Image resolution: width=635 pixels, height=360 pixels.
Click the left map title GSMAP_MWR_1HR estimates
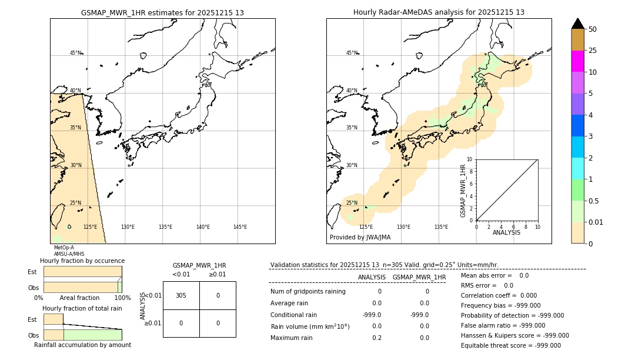(162, 12)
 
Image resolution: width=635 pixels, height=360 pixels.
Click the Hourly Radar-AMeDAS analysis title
(439, 12)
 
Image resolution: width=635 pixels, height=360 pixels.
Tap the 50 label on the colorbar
(593, 29)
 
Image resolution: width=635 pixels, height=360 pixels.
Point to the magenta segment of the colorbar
(577, 61)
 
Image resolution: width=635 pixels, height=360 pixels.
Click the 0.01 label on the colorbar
(596, 222)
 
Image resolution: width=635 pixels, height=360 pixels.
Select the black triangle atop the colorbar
(578, 24)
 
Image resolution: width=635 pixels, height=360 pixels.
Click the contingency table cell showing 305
(181, 295)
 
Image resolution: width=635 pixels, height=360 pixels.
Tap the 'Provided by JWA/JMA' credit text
(360, 237)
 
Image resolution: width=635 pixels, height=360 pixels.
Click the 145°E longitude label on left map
(240, 227)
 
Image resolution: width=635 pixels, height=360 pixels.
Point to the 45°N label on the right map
(352, 53)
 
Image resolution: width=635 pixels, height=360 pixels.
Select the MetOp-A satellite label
(64, 248)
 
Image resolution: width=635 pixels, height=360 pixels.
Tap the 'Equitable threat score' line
(510, 345)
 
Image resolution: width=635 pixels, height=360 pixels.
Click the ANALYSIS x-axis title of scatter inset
(506, 232)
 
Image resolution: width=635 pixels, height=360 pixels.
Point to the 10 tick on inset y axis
(469, 159)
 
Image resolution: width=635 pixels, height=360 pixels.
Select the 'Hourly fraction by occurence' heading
(82, 261)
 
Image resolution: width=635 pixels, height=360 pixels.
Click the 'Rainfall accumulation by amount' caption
(82, 345)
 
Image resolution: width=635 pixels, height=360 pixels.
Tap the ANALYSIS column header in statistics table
(372, 277)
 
